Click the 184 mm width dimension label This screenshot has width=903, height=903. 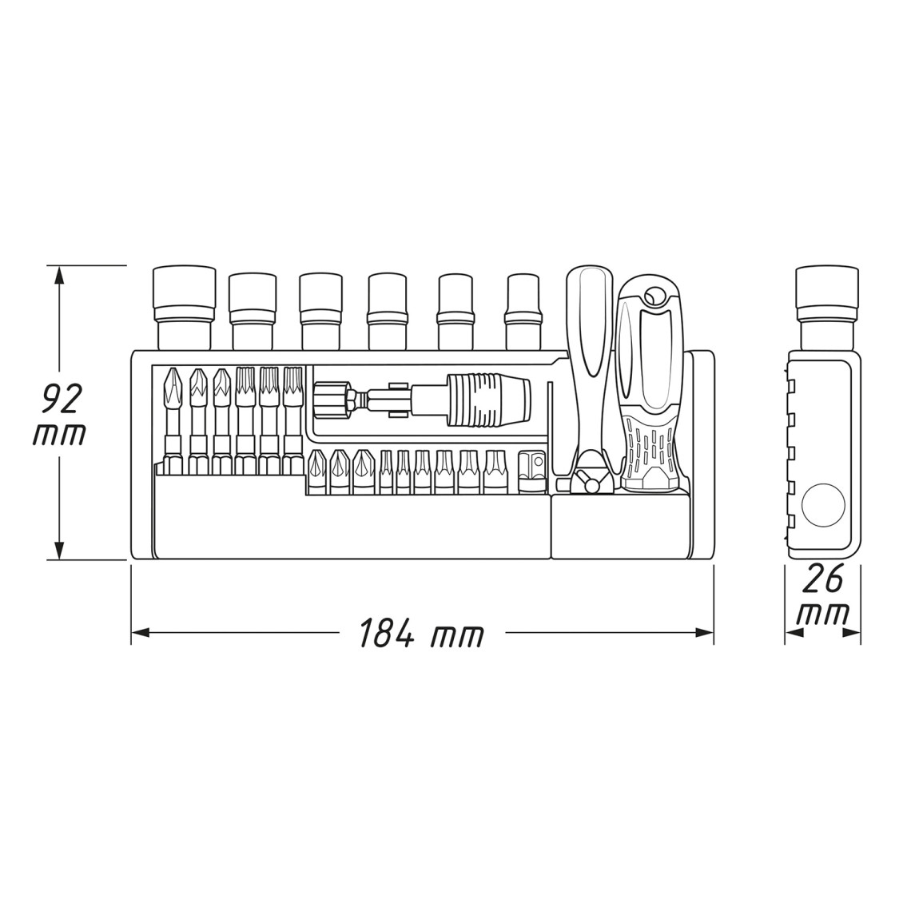(x=421, y=632)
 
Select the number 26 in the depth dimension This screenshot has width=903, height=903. (x=823, y=579)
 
